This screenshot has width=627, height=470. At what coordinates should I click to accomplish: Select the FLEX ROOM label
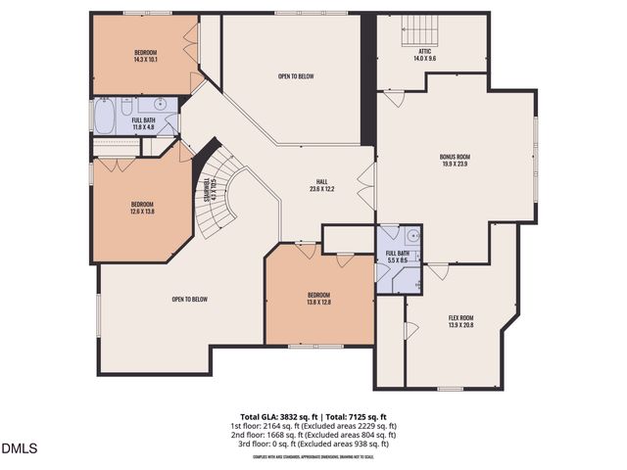461,317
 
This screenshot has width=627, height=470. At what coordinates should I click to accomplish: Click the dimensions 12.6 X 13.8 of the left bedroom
143,211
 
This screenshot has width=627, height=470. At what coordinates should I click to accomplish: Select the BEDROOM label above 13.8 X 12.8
318,295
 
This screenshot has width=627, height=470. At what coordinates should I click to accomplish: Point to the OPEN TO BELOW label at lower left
188,300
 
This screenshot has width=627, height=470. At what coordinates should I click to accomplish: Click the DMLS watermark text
19,449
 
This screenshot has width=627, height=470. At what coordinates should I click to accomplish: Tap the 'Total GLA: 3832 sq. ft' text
275,416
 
